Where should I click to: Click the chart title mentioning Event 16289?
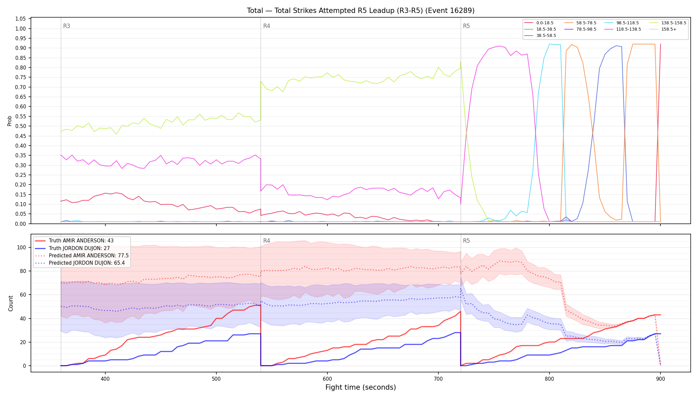coord(361,11)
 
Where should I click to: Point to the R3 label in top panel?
coord(66,26)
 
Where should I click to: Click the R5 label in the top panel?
coord(466,26)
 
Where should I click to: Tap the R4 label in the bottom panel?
coord(267,241)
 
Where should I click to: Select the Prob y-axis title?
coord(10,121)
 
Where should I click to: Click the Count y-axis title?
coord(11,303)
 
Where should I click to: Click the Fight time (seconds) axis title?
coord(361,387)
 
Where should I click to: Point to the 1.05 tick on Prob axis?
coord(21,19)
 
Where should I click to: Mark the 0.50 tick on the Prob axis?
coord(21,126)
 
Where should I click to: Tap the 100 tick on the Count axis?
coord(21,247)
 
